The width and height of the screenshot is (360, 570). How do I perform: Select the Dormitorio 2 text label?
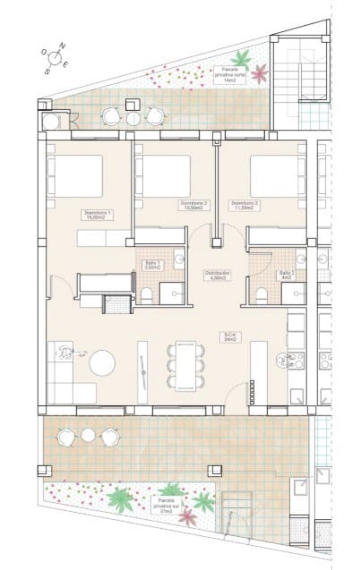pyautogui.click(x=194, y=205)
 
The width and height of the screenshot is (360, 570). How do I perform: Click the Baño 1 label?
pyautogui.click(x=151, y=265)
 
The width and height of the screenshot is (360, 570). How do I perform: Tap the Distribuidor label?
pyautogui.click(x=217, y=275)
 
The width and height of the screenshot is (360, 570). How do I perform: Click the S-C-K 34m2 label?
pyautogui.click(x=231, y=337)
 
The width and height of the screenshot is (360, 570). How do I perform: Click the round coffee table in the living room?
pyautogui.click(x=102, y=362)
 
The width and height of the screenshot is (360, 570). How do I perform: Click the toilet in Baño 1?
pyautogui.click(x=147, y=294)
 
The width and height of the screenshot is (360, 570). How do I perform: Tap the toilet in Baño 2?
pyautogui.click(x=262, y=294)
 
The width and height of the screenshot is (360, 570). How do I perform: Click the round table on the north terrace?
pyautogui.click(x=133, y=118)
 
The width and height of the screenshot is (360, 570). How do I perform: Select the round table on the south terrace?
pyautogui.click(x=88, y=435)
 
